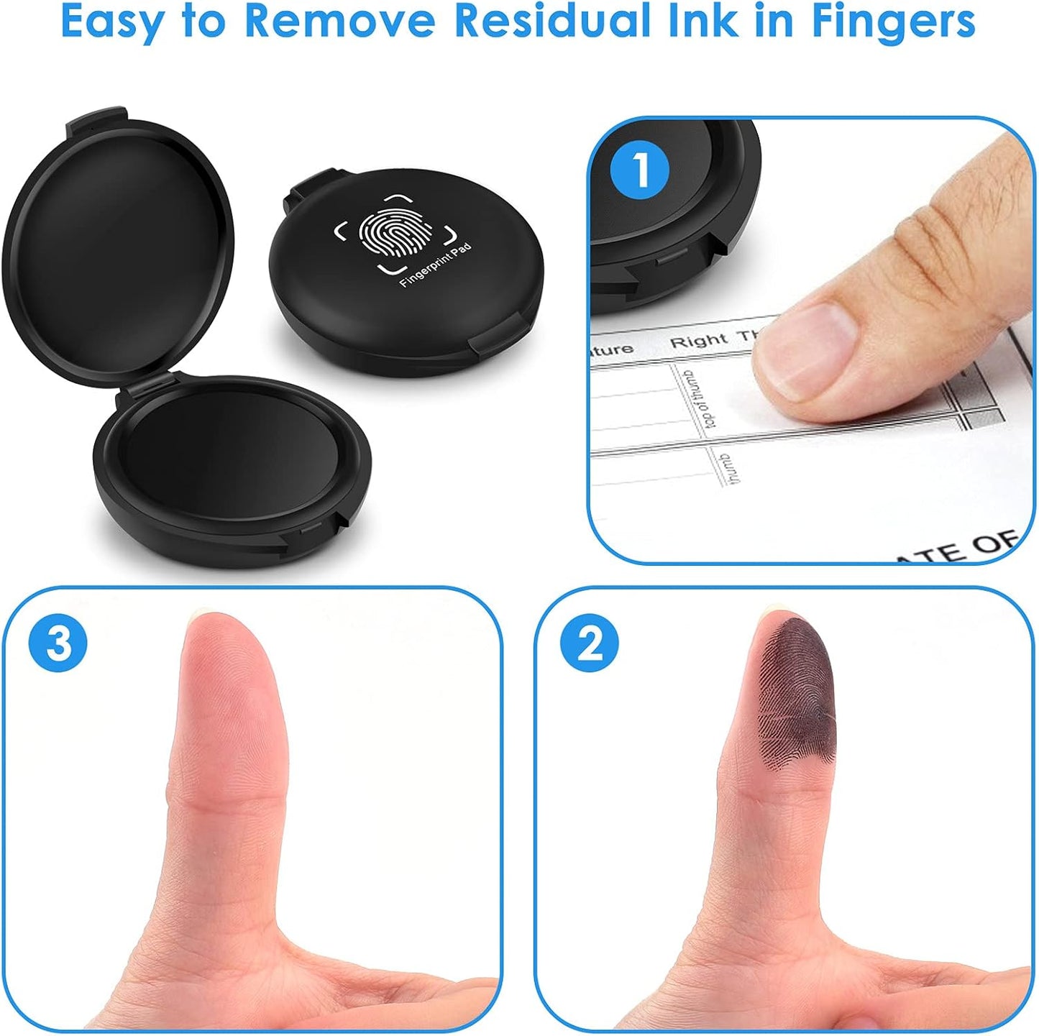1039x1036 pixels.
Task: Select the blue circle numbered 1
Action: coord(639,170)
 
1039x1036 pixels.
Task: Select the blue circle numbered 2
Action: coord(590,642)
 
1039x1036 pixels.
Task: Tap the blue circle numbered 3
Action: coord(58,642)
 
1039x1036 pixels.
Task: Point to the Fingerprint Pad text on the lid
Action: coord(436,265)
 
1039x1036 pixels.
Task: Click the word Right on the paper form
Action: coord(698,340)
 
